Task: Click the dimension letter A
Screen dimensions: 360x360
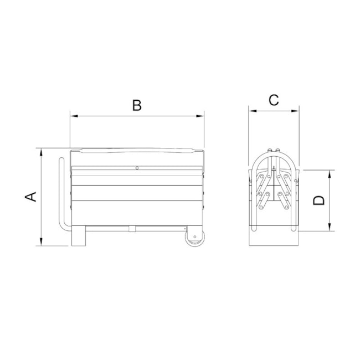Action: point(31,197)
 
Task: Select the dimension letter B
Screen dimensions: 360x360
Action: point(137,105)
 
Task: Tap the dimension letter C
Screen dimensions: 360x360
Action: point(274,100)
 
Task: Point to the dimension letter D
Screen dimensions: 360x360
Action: point(319,200)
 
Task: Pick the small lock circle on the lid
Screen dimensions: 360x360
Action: point(137,168)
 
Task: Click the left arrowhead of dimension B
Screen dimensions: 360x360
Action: point(74,116)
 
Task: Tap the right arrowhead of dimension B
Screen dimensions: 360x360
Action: point(200,116)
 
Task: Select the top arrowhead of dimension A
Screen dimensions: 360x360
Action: point(41,152)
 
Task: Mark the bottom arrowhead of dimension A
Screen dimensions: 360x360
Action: point(41,241)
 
